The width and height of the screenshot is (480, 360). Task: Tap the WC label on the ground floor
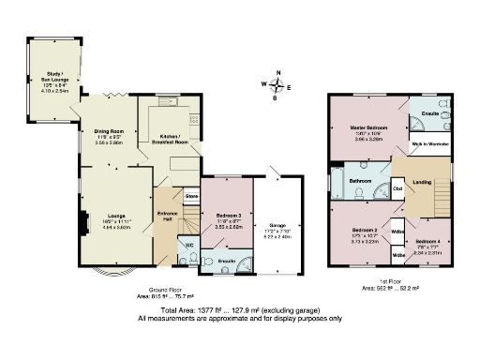click(x=187, y=247)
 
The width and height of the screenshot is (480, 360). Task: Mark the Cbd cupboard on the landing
click(x=397, y=189)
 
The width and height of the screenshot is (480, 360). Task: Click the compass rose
click(x=276, y=84)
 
